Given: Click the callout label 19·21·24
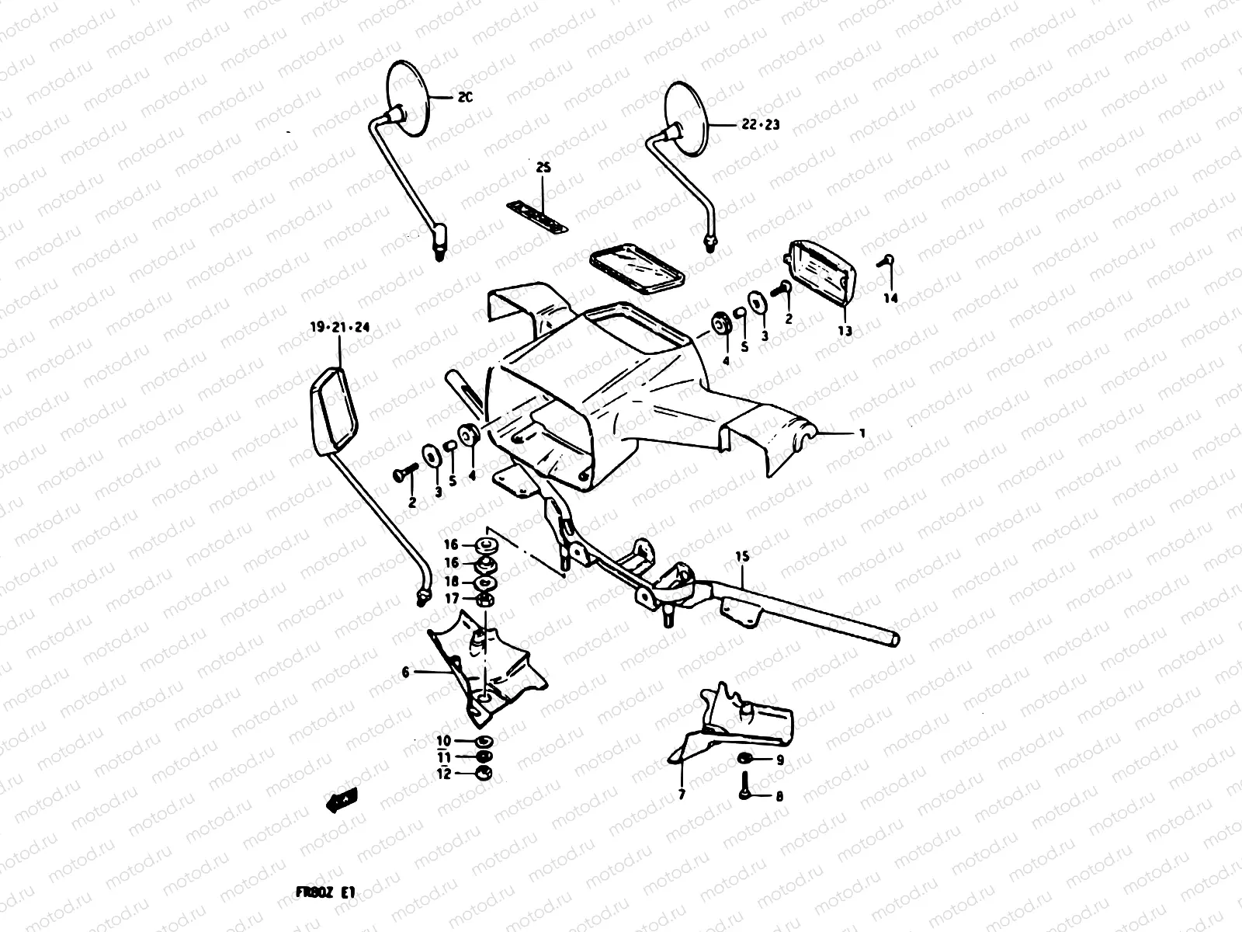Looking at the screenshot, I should pos(339,328).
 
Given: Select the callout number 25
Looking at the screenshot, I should pos(542,169).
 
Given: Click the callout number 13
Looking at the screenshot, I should pos(845,331).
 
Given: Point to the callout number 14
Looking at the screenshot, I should pos(890,298).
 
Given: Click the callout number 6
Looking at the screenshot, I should pos(405,673).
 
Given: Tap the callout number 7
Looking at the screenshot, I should pos(682,795).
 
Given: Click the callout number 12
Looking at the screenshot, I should pos(443,774).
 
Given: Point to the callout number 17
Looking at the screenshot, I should pos(451,598).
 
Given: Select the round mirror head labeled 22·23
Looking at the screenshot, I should pos(686,116).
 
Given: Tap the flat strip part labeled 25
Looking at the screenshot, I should pos(536,217).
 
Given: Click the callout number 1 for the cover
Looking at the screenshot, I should pos(861,434).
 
